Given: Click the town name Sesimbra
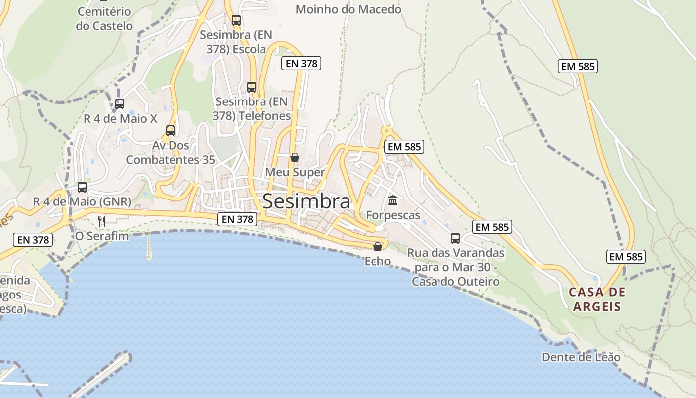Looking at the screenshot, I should [x=306, y=201].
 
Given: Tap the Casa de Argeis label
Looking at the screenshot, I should [x=597, y=299].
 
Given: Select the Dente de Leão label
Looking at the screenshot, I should [x=581, y=357].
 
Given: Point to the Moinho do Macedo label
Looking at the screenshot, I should [x=348, y=9].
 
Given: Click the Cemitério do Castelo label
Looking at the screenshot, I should [x=104, y=19].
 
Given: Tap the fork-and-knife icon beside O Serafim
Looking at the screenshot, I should [x=102, y=221].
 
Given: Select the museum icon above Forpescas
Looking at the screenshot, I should [x=393, y=200].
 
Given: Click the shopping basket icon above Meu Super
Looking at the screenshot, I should [x=295, y=157].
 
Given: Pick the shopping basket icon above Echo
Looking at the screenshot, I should [x=378, y=247].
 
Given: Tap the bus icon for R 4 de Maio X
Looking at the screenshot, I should [x=120, y=104].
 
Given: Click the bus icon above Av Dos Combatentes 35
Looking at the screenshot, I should [x=171, y=131].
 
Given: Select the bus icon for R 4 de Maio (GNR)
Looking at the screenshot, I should [x=82, y=187].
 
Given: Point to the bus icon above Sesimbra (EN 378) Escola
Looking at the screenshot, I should [x=236, y=20].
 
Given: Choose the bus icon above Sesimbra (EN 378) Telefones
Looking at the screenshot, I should [x=252, y=87].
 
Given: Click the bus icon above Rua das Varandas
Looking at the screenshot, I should [x=455, y=238].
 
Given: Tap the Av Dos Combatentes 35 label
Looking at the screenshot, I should [x=171, y=153].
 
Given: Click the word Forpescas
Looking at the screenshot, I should [x=393, y=215].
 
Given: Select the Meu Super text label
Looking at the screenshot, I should [x=295, y=172].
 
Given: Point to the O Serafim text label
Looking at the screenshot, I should [x=102, y=236].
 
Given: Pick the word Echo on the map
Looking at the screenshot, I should [x=378, y=261].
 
